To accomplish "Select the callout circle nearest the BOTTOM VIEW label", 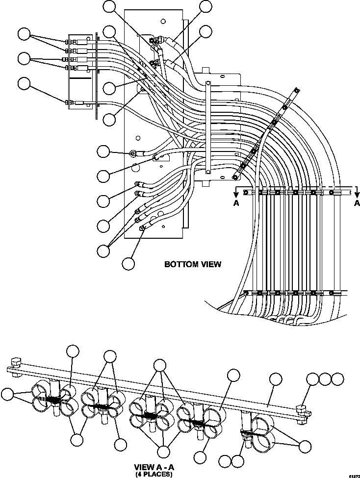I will (x=129, y=263).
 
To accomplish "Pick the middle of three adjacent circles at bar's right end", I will (x=325, y=378).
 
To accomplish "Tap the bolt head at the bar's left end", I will (x=14, y=364).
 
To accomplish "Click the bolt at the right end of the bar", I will (x=302, y=406).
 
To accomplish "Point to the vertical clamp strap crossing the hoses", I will (x=208, y=127).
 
